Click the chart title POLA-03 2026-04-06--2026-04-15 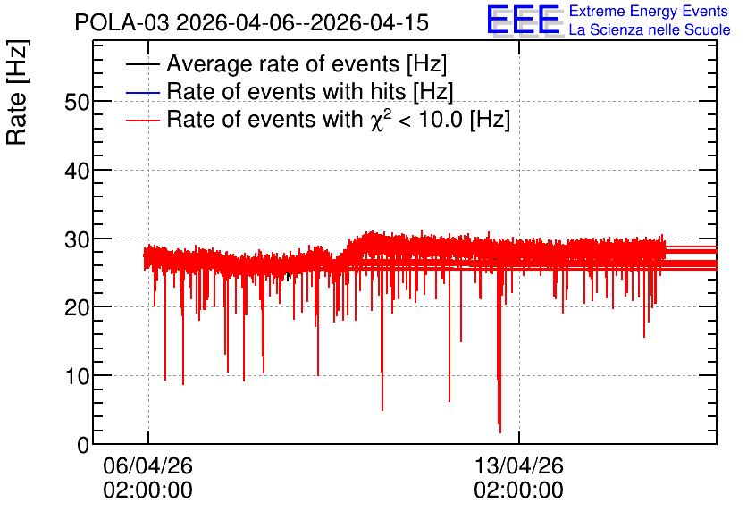click(252, 22)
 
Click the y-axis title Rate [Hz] click(17, 92)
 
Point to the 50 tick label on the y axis click(77, 102)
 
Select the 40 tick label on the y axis click(77, 171)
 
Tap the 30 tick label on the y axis click(77, 239)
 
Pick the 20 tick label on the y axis click(77, 308)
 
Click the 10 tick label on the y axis click(77, 377)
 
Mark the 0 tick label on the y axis click(83, 445)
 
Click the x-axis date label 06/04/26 click(147, 465)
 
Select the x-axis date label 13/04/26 click(519, 465)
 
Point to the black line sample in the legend click(142, 64)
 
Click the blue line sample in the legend click(142, 92)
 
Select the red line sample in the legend click(142, 120)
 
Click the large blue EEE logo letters click(524, 20)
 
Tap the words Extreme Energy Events click(649, 11)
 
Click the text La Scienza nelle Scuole click(650, 29)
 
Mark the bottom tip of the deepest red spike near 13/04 click(500, 432)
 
